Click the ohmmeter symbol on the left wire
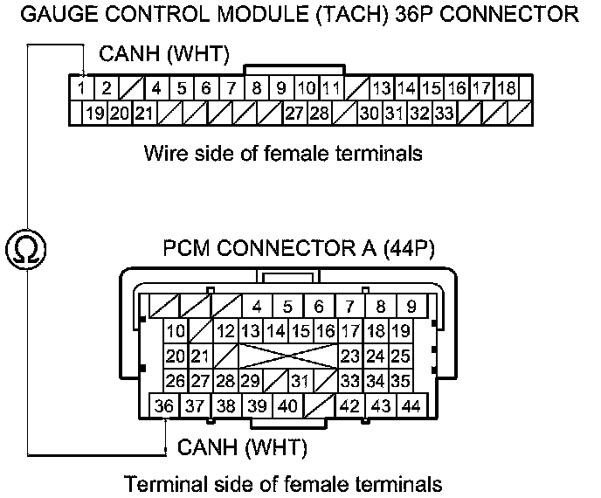[27, 250]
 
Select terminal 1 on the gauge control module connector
[80, 88]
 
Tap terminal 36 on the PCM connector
[163, 406]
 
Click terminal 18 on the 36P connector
[507, 88]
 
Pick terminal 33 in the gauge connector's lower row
[445, 113]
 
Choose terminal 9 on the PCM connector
[411, 307]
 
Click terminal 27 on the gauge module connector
[294, 113]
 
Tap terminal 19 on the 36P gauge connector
[95, 113]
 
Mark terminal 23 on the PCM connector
[351, 356]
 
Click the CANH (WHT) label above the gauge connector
[164, 55]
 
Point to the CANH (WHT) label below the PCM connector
[242, 449]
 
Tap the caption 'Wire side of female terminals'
[283, 154]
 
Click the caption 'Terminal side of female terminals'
[283, 483]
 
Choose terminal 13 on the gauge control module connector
[381, 88]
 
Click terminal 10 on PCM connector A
[176, 331]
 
